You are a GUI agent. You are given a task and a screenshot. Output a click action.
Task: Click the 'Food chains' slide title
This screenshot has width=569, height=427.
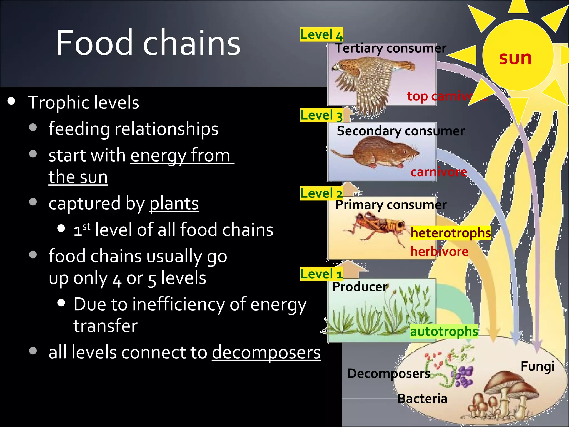[x=148, y=43]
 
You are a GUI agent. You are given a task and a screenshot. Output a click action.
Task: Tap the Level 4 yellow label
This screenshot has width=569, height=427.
[x=321, y=35]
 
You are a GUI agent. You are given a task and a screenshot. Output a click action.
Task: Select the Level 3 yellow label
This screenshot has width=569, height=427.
[x=321, y=115]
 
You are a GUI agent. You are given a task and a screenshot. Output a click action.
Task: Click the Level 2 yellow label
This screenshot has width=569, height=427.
[x=321, y=193]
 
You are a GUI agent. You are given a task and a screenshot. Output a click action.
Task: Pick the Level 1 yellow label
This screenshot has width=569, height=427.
[x=321, y=274]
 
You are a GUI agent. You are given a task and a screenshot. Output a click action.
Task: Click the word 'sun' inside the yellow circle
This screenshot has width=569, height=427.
[x=515, y=58]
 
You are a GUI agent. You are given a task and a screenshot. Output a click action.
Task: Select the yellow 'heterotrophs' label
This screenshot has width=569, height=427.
[x=451, y=233]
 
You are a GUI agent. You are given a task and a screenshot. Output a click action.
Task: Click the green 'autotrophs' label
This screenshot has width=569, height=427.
[x=444, y=331]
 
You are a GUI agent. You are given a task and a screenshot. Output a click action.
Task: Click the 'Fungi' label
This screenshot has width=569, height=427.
[x=538, y=366]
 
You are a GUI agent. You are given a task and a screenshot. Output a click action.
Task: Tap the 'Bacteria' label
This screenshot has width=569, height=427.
[x=422, y=399]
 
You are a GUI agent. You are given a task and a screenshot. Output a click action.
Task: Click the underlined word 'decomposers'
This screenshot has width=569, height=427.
[x=266, y=352]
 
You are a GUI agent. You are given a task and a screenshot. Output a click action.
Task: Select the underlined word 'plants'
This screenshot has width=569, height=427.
[x=174, y=203]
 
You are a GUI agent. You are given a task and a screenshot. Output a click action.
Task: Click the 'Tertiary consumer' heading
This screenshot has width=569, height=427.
[x=390, y=48]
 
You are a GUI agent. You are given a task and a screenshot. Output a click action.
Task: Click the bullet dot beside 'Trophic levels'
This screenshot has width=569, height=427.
[x=11, y=101]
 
